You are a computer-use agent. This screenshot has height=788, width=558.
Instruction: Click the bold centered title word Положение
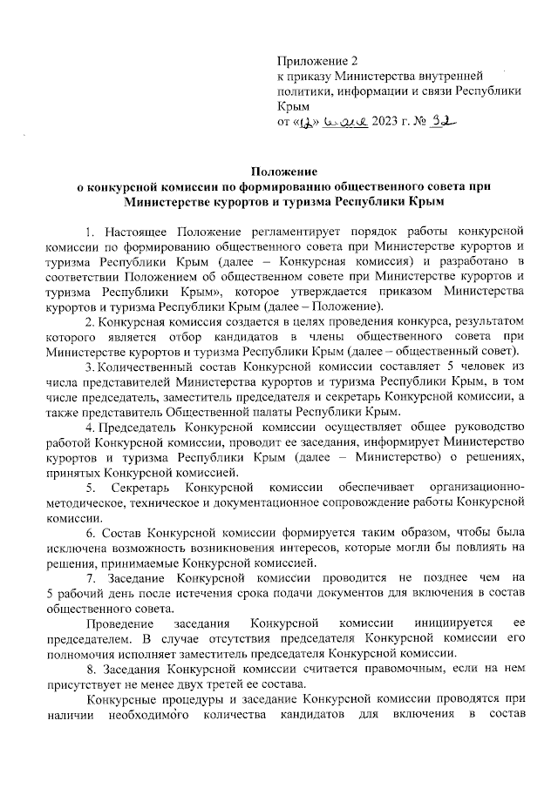point(279,172)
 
